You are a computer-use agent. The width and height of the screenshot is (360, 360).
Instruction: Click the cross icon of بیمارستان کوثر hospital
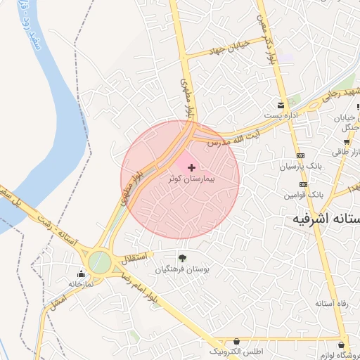tap(193, 167)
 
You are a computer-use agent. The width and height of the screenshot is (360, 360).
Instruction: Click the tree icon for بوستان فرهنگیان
tap(183, 258)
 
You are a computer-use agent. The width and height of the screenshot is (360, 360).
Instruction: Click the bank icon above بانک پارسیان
tap(301, 155)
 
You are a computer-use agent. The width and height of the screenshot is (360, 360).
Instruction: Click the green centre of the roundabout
tap(100, 262)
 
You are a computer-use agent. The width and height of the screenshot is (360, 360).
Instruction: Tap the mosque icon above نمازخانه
tap(79, 273)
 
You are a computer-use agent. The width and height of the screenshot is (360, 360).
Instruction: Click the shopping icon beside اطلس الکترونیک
tap(236, 341)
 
